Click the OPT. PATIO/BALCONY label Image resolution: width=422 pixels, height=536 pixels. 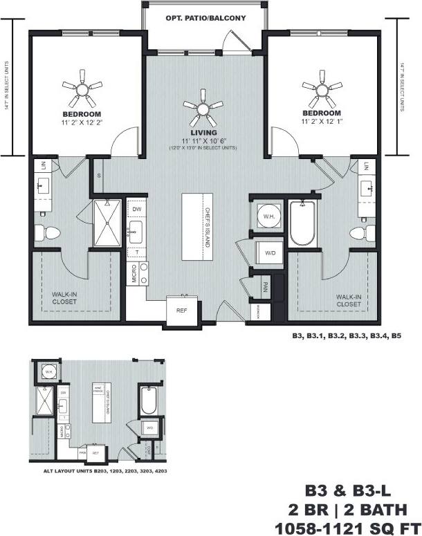tap(205, 18)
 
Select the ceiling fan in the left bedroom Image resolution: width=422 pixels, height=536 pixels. tap(82, 86)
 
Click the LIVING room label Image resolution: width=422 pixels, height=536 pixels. tap(203, 132)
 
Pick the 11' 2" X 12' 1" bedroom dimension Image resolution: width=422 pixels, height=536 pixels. tap(321, 122)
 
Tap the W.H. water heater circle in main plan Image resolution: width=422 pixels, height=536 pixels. tap(266, 218)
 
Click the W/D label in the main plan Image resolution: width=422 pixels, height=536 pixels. tap(269, 253)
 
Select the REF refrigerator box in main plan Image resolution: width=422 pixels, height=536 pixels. tap(183, 311)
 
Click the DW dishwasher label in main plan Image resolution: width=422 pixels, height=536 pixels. tap(137, 208)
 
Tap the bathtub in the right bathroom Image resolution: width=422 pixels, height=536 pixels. tap(302, 223)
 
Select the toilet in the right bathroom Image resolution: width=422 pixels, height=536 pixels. tap(359, 232)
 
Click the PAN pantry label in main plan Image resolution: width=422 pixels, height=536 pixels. tap(265, 284)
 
